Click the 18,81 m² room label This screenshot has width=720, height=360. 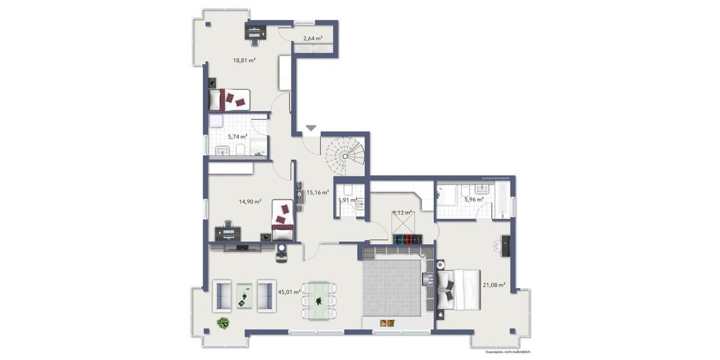click(x=244, y=60)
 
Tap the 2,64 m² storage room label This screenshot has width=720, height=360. click(x=313, y=38)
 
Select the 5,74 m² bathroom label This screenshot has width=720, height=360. click(x=238, y=137)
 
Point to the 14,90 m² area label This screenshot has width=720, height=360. click(x=250, y=202)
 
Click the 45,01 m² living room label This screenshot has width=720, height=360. click(x=289, y=292)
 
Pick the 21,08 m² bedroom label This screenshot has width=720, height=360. click(x=494, y=285)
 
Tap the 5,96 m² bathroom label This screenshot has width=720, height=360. click(x=473, y=200)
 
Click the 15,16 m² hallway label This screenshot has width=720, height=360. click(x=317, y=193)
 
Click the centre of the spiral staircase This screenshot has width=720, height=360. click(x=345, y=155)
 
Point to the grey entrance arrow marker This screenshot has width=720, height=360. click(x=311, y=128)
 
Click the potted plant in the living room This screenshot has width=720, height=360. click(x=223, y=323)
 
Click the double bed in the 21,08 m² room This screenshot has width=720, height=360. click(x=459, y=289)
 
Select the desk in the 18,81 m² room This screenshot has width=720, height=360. click(x=256, y=31)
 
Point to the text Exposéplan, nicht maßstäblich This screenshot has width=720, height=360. click(x=508, y=352)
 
